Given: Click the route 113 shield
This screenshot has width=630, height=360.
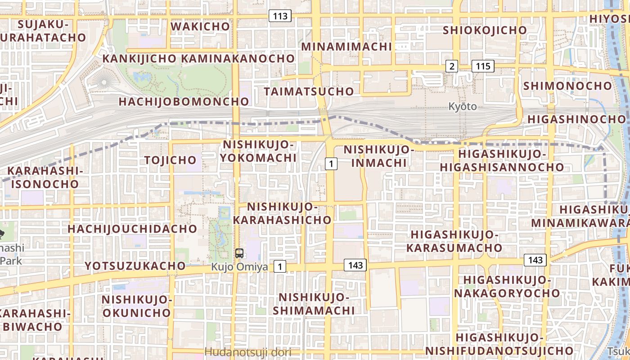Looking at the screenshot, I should pyautogui.click(x=280, y=16).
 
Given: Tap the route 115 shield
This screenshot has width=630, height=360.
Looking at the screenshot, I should pyautogui.click(x=483, y=66).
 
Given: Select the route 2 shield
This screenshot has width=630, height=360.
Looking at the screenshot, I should pyautogui.click(x=452, y=66).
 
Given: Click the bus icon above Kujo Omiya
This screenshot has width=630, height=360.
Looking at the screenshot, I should pyautogui.click(x=239, y=253).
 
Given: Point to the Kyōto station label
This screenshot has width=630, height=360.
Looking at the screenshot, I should pyautogui.click(x=462, y=107).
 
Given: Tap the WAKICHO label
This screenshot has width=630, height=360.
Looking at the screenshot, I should pyautogui.click(x=200, y=26).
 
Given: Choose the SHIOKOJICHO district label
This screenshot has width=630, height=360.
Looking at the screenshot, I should pyautogui.click(x=485, y=30).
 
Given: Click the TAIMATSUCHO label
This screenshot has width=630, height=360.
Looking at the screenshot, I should pyautogui.click(x=309, y=91).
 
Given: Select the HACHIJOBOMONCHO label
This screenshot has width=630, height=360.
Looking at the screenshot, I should pyautogui.click(x=184, y=102).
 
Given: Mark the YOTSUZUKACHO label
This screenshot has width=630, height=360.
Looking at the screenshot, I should pyautogui.click(x=135, y=266).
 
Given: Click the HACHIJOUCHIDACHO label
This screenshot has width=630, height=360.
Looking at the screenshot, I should pyautogui.click(x=132, y=229).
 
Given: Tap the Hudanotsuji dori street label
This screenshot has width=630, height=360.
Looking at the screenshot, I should pyautogui.click(x=248, y=352).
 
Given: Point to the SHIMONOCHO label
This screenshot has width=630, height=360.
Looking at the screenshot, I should pyautogui.click(x=567, y=85).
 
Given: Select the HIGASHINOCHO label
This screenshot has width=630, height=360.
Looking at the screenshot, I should pyautogui.click(x=576, y=119).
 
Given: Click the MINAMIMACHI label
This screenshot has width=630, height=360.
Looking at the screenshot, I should pyautogui.click(x=346, y=46).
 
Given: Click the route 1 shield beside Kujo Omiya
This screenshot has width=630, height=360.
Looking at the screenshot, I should pyautogui.click(x=280, y=267).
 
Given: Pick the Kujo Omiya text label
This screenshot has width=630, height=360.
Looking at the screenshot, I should pyautogui.click(x=239, y=267).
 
